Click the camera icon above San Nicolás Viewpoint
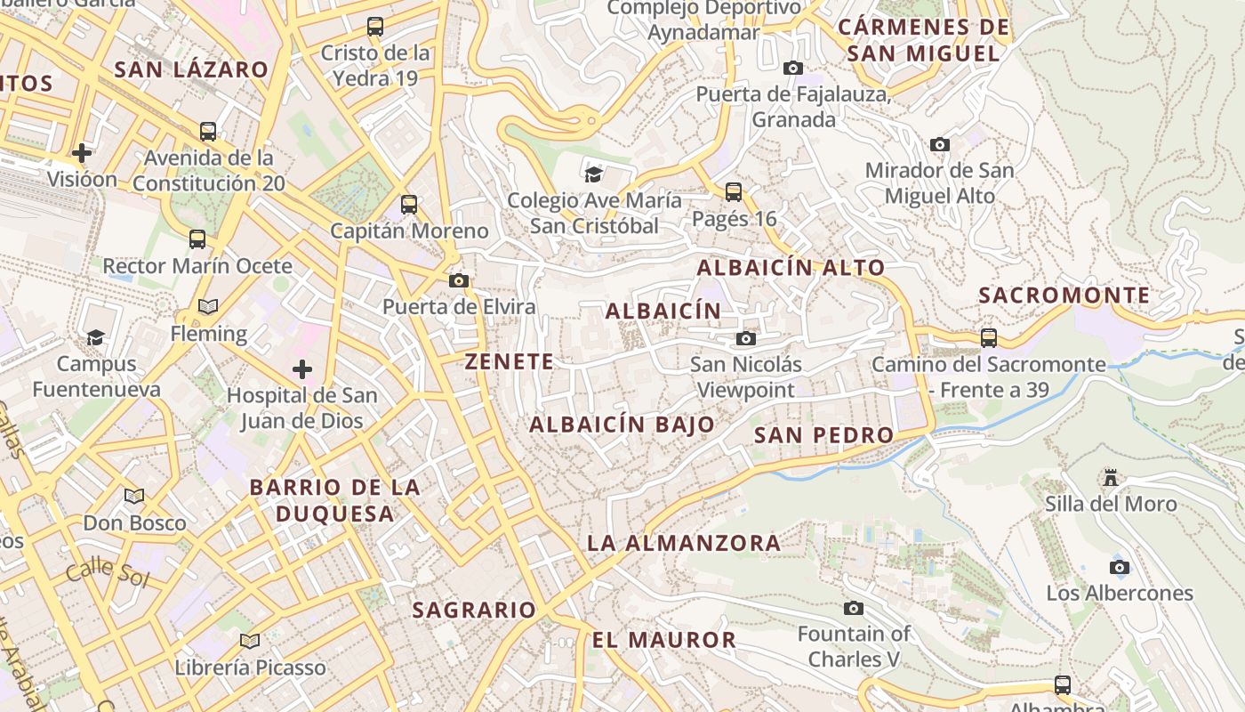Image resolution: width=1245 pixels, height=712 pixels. pos(746,338)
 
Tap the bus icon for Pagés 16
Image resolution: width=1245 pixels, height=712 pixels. pos(733,191)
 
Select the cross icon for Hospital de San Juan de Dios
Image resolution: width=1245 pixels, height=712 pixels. pos(302,368)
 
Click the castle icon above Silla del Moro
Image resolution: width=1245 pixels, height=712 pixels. pos(1110,478)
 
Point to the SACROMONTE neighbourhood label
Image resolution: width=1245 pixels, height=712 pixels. pos(1064,295)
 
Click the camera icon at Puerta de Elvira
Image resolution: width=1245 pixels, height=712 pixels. pos(458,280)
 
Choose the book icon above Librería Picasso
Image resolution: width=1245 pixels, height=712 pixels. pos(250,641)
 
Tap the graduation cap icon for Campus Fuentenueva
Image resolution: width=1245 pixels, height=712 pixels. pos(95,336)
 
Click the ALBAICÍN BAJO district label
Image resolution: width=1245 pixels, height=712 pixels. pos(622,425)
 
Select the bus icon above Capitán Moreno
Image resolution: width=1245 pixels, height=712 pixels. pos(408,204)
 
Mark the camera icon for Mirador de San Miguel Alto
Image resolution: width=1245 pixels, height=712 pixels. pos(939,144)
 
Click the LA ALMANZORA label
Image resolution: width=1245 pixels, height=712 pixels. pos(684,542)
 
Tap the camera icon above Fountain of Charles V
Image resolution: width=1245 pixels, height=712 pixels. pos(854,608)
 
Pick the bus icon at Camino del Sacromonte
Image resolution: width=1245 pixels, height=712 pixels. pos(988,337)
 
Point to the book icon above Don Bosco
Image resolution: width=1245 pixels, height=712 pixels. pos(134,496)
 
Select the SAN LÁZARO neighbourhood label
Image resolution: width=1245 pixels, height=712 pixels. pos(191,69)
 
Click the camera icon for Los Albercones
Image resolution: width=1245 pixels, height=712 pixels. pos(1120,567)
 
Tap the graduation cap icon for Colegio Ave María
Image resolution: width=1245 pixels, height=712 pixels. pos(594,174)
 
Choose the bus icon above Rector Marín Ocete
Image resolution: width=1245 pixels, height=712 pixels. pos(197,239)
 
